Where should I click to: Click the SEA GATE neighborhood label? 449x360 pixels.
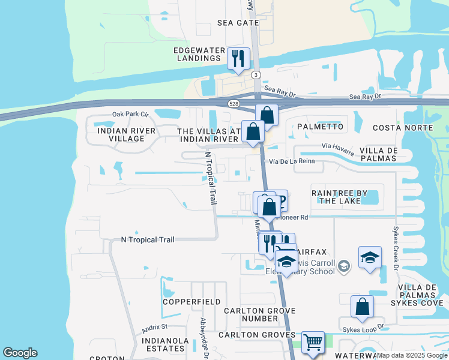238,23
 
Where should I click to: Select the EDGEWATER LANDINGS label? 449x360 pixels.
198,55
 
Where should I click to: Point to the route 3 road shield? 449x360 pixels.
256,74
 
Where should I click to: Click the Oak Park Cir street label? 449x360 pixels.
129,114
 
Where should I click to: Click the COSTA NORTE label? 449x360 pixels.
402,128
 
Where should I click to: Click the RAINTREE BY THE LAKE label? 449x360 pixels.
336,197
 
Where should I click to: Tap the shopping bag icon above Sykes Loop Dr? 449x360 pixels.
362,307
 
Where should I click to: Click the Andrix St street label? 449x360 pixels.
154,328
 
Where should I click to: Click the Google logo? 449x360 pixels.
20,353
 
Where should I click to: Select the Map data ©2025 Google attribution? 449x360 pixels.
411,355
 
